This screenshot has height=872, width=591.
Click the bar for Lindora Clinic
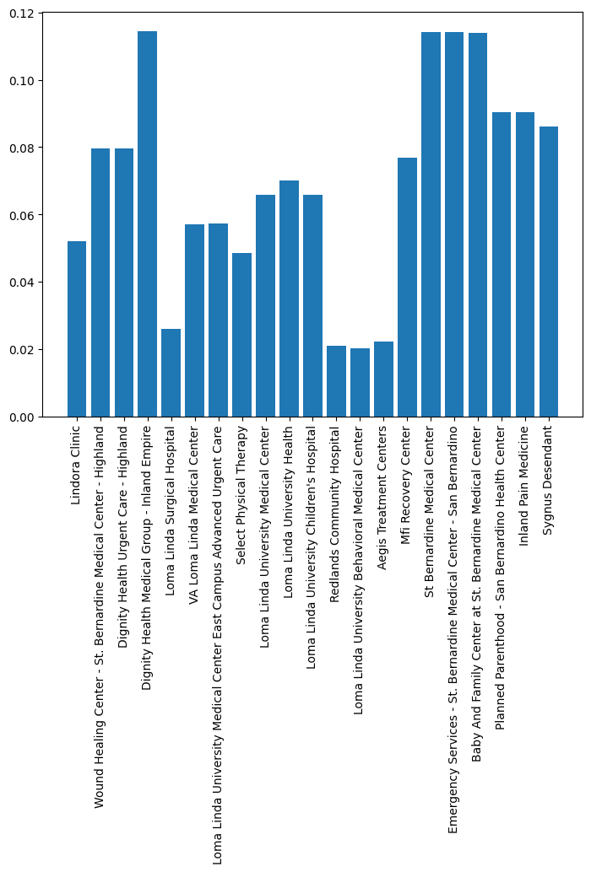coord(77,329)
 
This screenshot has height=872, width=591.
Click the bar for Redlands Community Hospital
coord(336,381)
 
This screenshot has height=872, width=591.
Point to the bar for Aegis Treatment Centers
coord(383,379)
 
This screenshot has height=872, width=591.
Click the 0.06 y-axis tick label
coord(21,215)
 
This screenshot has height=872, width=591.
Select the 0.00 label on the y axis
coord(21,417)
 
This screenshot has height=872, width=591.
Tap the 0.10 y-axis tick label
coord(21,81)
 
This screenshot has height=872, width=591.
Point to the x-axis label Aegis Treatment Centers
coord(383,498)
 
